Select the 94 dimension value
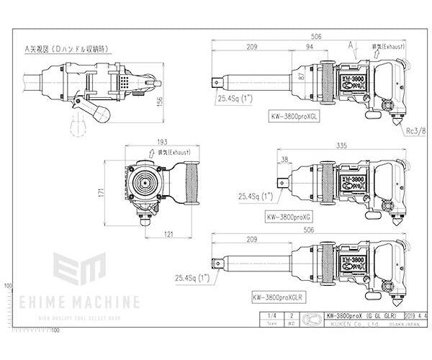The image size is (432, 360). pyautogui.click(x=309, y=48)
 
